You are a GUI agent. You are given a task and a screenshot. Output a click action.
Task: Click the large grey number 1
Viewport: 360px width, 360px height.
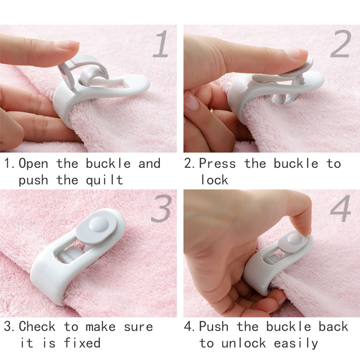point(161,44)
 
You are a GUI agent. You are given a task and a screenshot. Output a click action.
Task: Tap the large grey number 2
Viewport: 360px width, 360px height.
point(341,43)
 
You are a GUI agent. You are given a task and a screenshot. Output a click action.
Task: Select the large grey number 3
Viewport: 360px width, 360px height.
point(162,208)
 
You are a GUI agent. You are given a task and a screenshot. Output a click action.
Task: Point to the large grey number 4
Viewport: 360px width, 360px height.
point(341,208)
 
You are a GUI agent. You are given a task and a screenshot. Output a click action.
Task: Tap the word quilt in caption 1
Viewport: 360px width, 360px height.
point(105,180)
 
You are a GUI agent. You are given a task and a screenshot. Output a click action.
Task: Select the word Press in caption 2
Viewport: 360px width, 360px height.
point(217,163)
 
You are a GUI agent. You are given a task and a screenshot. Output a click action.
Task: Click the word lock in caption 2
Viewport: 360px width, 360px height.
point(214,180)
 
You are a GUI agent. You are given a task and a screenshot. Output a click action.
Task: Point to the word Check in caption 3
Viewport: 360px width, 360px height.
point(37,326)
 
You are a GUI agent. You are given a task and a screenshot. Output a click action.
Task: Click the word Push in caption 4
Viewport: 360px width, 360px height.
point(214,326)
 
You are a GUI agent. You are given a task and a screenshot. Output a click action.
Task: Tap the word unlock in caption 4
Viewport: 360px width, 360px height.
point(244,343)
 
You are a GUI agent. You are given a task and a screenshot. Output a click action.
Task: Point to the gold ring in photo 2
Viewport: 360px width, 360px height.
point(212,109)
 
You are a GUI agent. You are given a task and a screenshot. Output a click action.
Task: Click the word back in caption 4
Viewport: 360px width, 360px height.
point(333,326)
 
